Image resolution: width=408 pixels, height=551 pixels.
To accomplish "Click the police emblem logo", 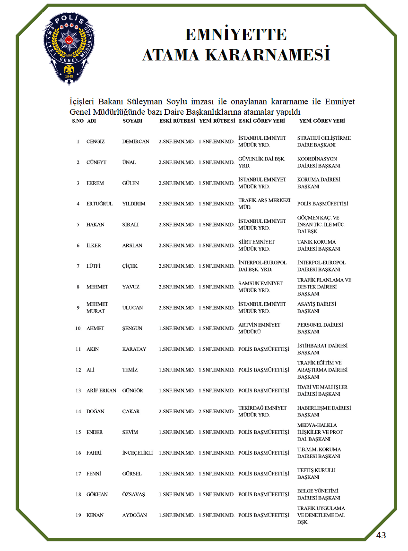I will pos(69,47).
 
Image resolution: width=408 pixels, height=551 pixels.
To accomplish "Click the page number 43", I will pos(381,535).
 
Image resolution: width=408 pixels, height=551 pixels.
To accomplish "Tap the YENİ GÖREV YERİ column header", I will pos(322,121).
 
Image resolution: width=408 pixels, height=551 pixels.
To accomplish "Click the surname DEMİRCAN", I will pos(136,142).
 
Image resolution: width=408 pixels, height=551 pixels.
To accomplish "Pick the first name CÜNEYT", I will pos(96,162).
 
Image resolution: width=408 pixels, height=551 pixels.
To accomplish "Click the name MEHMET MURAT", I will pos(97,308).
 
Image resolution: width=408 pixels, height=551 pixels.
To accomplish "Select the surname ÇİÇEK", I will pos(130,266).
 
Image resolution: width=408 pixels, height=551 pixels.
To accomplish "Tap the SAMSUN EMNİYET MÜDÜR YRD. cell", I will pos(260,287).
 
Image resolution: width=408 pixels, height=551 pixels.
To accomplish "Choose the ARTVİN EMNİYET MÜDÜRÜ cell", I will pos(259,328).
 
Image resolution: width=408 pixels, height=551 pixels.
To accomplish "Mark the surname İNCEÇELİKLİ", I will pos(137,453).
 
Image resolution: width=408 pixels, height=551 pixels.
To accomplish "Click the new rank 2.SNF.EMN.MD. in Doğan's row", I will pos(217,412).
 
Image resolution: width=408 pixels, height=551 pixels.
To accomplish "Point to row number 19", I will pos(78,515).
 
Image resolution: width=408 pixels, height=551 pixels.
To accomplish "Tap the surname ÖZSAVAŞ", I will pos(133,494).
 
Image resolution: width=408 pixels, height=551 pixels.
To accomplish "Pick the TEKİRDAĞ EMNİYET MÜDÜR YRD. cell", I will pos(262,411).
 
